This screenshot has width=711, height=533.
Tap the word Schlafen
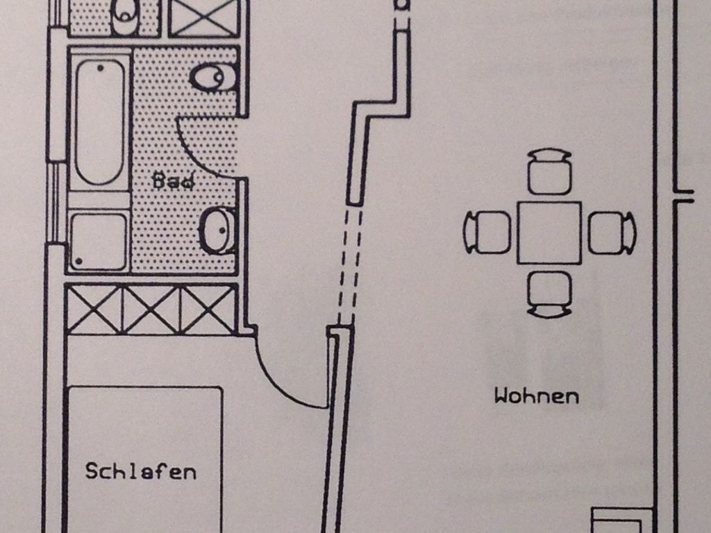click(140, 471)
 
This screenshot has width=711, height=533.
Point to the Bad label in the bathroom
click(173, 182)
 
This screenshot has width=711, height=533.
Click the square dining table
click(549, 232)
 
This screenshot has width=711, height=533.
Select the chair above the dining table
click(549, 171)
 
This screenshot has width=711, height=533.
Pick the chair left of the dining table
click(487, 232)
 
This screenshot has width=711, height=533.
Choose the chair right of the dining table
click(612, 232)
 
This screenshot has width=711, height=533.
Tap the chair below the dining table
click(549, 294)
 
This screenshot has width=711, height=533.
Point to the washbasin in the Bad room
click(218, 230)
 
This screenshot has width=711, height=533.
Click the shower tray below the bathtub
click(99, 241)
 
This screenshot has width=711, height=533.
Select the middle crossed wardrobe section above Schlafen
click(151, 310)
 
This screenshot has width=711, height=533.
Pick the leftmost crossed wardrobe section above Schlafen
click(94, 310)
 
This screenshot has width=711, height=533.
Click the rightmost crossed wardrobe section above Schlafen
click(208, 310)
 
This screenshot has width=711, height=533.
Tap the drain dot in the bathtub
click(101, 68)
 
